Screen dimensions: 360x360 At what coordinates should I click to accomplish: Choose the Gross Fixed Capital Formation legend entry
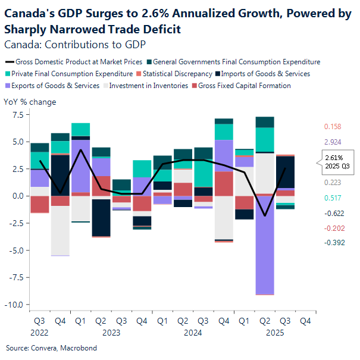coord(244,86)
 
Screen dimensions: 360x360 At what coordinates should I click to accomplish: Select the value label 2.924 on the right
coord(333,143)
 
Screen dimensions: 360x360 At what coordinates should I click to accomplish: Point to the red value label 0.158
coord(333,127)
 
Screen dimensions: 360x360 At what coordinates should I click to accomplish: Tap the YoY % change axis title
coord(30,102)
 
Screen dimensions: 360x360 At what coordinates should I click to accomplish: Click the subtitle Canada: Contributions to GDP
coord(75,44)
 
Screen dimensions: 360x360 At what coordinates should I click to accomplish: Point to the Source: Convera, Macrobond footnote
coord(51,348)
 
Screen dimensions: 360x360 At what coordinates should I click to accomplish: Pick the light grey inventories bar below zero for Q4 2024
coord(224,217)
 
